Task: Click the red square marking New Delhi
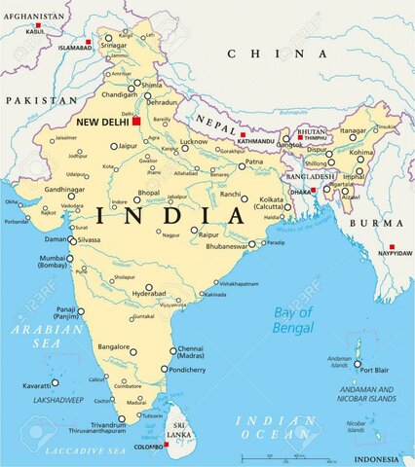[137, 122]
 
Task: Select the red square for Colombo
[167, 445]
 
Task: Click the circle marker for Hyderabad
[148, 288]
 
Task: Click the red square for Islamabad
[89, 42]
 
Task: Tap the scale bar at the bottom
[292, 456]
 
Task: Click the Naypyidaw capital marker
[392, 246]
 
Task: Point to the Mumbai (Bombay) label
[53, 262]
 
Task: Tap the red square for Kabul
[37, 23]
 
